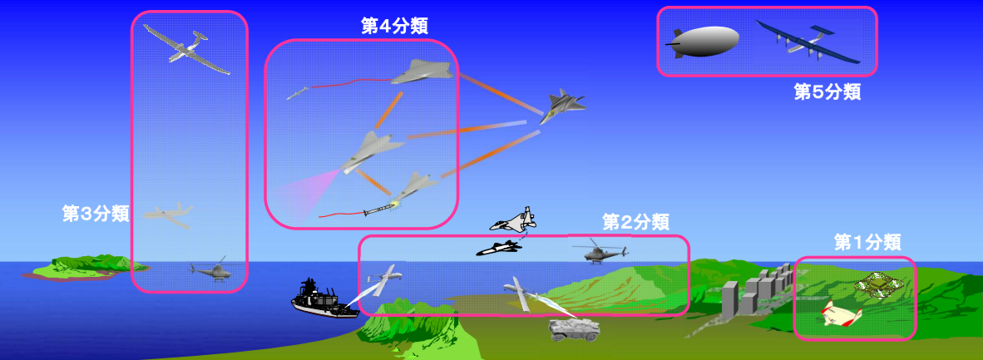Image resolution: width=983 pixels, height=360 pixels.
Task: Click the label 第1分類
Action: pos(867,242)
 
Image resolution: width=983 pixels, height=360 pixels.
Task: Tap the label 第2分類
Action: pos(635,222)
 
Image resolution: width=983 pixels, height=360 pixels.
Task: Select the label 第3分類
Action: pos(96,214)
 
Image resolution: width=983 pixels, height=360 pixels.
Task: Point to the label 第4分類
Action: pos(394,25)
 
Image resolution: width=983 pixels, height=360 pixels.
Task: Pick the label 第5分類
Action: pos(827,91)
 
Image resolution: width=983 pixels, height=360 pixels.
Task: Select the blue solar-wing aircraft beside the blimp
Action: pos(808,42)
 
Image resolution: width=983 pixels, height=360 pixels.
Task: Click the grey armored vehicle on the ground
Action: pos(573,328)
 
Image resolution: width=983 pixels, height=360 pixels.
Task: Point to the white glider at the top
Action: pos(186,48)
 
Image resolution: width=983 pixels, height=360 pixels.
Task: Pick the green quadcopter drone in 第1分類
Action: pos(882,284)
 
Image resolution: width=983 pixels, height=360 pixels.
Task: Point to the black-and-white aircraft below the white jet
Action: pos(498,247)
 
